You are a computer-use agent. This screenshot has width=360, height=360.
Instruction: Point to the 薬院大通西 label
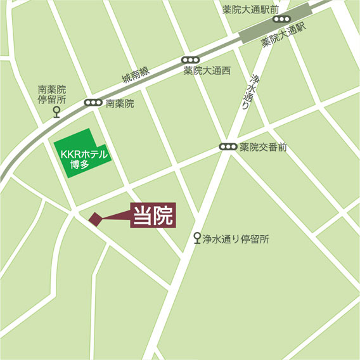pyautogui.click(x=207, y=70)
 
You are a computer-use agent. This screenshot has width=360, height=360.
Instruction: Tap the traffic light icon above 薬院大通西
pyautogui.click(x=188, y=58)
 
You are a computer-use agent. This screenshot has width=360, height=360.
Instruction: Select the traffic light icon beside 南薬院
pyautogui.click(x=93, y=103)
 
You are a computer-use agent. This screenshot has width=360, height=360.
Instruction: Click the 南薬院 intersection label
pyautogui.click(x=120, y=103)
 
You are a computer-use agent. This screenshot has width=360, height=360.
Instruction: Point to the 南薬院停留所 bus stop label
pyautogui.click(x=52, y=95)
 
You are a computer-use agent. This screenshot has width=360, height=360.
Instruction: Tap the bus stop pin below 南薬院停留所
pyautogui.click(x=56, y=113)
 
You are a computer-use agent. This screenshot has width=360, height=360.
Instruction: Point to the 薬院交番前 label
pyautogui.click(x=263, y=147)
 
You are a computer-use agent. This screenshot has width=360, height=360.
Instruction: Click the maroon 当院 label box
pyautogui.click(x=153, y=215)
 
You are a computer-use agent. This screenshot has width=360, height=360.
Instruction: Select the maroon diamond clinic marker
pyautogui.click(x=95, y=219)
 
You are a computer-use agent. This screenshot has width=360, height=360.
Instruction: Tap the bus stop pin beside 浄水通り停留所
pyautogui.click(x=197, y=238)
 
